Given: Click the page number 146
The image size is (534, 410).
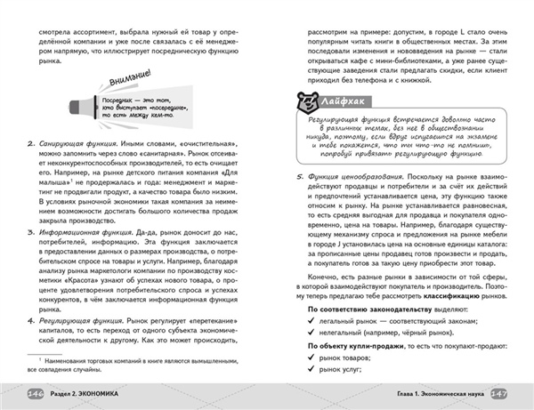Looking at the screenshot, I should (x=36, y=394).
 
